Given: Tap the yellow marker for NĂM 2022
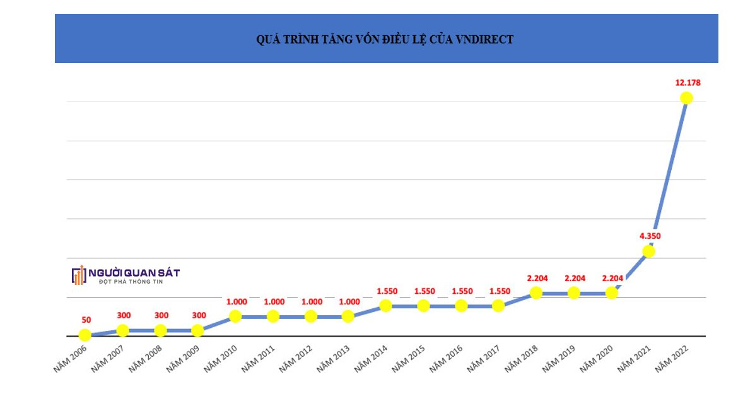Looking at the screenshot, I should click(x=686, y=98).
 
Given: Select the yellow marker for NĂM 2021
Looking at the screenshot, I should click(x=648, y=251).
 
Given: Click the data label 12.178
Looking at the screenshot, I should click(x=688, y=83).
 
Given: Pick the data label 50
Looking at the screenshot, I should click(x=86, y=320).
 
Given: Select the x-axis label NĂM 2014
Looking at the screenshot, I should click(x=372, y=357).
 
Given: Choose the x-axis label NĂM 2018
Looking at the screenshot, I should click(x=522, y=357).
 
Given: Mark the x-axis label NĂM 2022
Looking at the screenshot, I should click(x=672, y=357).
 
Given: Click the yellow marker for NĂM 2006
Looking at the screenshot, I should click(x=85, y=335).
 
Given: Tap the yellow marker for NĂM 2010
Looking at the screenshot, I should click(x=235, y=316).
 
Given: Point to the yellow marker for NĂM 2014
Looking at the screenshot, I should click(x=386, y=305).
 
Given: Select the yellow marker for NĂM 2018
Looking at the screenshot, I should click(x=536, y=292).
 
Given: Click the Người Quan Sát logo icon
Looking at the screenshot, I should click(x=78, y=275).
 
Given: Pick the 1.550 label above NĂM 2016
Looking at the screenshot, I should click(x=462, y=291).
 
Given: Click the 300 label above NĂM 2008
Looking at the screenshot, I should click(x=161, y=316).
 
